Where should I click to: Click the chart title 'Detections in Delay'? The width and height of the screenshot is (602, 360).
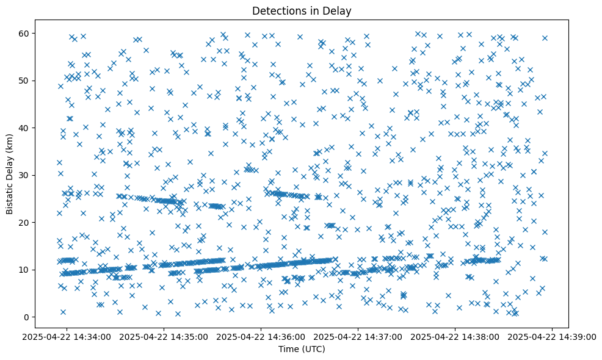tap(302, 11)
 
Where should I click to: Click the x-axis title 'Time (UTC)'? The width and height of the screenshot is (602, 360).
tap(302, 349)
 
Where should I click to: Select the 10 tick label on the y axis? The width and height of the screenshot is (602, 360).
tap(25, 270)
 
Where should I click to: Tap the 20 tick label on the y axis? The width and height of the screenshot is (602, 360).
tap(25, 222)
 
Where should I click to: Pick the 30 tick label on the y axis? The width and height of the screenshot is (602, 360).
tap(25, 175)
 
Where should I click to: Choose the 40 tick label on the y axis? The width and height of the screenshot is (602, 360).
tap(25, 128)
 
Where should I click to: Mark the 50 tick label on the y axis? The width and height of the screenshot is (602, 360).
tap(25, 81)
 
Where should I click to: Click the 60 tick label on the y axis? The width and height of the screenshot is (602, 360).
tap(25, 33)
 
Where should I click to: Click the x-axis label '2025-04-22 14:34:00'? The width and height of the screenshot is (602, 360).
tap(67, 336)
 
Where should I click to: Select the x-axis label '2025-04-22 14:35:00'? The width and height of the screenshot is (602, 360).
tap(164, 336)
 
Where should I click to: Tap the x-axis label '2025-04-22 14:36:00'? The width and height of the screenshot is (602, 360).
tap(261, 336)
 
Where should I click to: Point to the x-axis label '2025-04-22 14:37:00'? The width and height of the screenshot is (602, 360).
tap(358, 336)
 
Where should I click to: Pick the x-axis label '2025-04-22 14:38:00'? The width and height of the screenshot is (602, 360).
tap(455, 336)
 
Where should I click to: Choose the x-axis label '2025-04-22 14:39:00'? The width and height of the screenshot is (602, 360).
tap(553, 336)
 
